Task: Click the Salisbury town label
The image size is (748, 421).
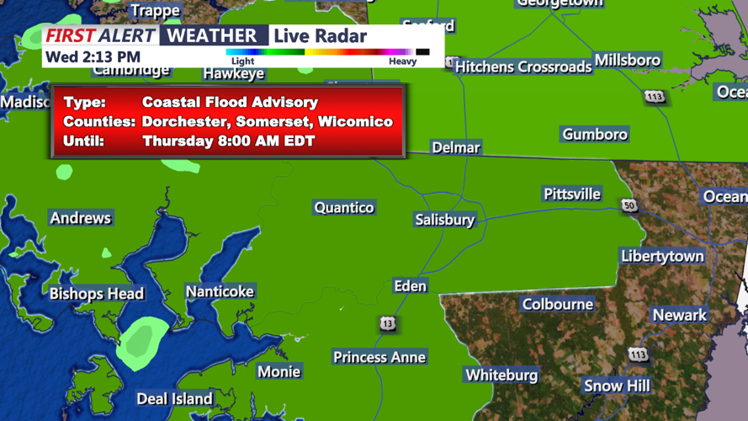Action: [444, 220]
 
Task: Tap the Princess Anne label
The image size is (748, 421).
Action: [379, 357]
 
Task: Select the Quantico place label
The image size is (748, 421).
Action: [343, 207]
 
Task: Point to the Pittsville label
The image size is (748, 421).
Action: [572, 194]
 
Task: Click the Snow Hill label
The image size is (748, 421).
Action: [617, 386]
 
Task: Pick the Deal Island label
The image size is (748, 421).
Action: [175, 398]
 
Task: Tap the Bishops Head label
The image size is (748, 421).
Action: [97, 294]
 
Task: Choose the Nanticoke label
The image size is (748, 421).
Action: [220, 291]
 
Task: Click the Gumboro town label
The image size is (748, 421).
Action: [595, 134]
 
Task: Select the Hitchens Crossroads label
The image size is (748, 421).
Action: [523, 67]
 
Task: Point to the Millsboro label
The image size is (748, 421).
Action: [627, 60]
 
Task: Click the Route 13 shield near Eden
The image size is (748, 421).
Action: [387, 323]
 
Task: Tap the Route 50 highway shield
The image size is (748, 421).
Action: [629, 205]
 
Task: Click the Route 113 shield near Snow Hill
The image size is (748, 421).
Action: [638, 354]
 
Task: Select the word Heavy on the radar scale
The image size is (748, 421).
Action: [402, 61]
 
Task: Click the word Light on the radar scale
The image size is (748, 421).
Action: [242, 61]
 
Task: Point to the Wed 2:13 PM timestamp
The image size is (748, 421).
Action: [93, 57]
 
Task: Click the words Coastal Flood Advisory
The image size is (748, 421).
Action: [230, 102]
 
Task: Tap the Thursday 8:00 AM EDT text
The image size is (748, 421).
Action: [228, 141]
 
